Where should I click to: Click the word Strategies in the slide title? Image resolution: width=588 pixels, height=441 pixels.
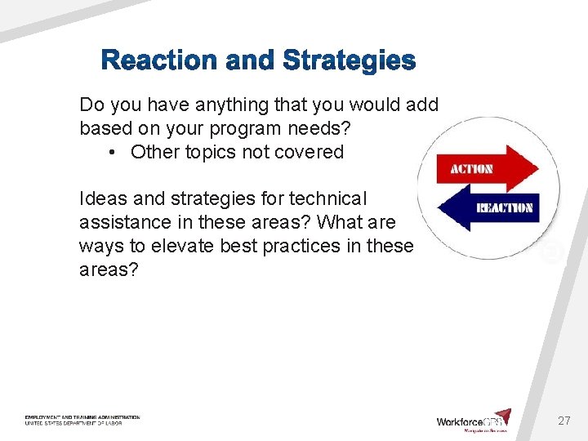(350, 61)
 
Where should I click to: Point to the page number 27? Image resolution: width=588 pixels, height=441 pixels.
(563, 421)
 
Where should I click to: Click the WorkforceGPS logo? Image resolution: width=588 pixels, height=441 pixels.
(474, 421)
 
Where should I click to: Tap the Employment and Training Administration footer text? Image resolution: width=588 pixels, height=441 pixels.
(82, 417)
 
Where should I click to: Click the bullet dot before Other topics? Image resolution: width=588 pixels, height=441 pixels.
(111, 153)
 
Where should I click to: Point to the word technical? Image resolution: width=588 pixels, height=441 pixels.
(327, 198)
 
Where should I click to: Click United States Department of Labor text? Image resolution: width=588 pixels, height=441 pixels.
(73, 424)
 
